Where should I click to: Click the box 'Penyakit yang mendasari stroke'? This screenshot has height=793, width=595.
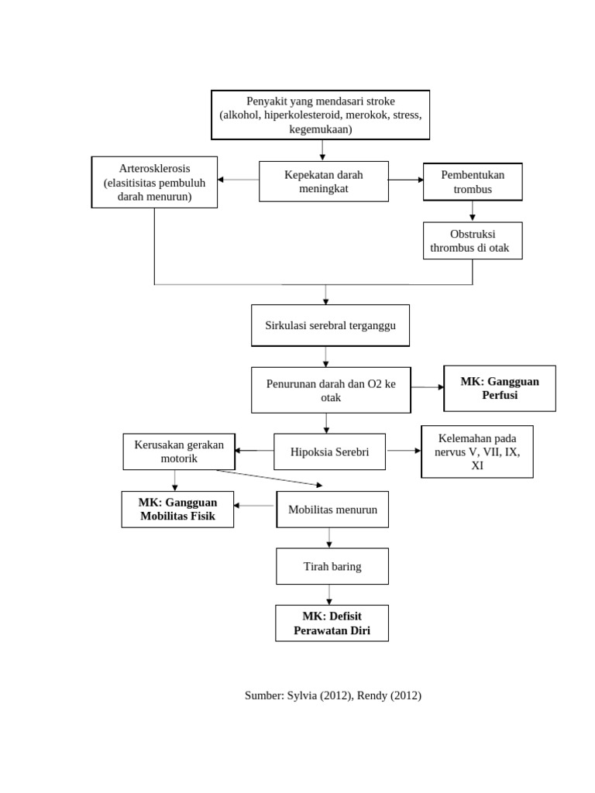321,115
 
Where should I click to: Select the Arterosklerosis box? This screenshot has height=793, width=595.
154,182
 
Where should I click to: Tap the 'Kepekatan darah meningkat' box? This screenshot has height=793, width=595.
323,181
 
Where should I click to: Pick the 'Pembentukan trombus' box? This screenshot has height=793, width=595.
473,182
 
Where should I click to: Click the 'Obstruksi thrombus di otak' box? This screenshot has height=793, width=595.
473,241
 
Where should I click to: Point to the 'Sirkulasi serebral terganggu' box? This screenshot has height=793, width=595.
330,325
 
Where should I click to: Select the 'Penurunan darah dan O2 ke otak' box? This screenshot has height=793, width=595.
330,390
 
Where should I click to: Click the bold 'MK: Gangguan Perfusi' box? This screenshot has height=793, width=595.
499,388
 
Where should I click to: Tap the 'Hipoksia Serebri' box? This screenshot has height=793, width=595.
329,451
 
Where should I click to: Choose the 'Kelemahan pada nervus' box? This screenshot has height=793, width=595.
476,451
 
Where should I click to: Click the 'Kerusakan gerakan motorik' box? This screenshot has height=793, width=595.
178,451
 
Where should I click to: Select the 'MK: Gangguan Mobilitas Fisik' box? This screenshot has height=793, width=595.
177,509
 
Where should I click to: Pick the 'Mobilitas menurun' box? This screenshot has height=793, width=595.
332,510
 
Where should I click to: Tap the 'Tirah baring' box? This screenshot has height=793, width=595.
332,566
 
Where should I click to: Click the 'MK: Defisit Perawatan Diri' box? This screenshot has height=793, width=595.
332,623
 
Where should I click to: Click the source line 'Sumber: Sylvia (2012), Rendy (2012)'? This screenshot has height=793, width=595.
332,695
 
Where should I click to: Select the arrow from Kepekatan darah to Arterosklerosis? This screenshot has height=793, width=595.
239,180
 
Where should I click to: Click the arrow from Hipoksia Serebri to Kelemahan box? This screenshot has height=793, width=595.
403,450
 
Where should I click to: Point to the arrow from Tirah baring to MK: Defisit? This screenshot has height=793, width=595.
330,595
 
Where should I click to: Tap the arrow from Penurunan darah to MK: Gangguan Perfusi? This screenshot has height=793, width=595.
427,386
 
